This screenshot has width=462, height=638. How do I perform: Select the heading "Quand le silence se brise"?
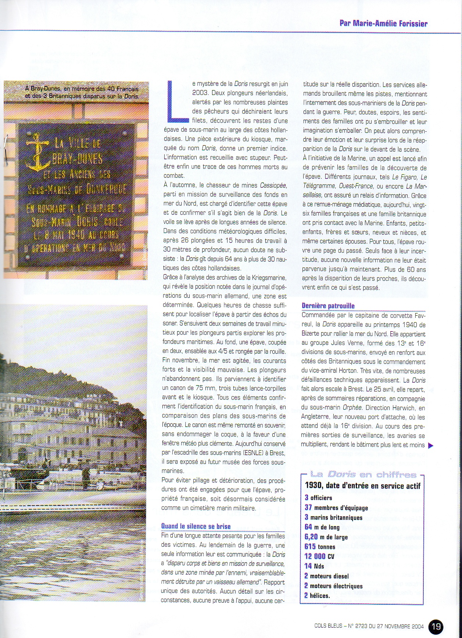pos(196,526)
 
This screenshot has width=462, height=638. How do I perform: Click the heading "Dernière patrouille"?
pos(328,306)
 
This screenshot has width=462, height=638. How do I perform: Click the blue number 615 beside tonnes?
pos(310,546)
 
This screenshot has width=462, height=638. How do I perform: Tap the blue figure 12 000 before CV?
pos(315,556)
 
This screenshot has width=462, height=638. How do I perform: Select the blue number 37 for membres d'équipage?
pos(308,507)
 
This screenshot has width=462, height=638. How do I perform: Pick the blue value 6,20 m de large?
pos(311,537)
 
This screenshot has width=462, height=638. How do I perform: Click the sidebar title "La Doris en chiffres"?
pos(363,475)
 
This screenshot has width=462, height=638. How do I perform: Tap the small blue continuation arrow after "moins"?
pos(431,446)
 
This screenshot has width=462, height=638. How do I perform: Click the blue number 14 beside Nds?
pos(308,566)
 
